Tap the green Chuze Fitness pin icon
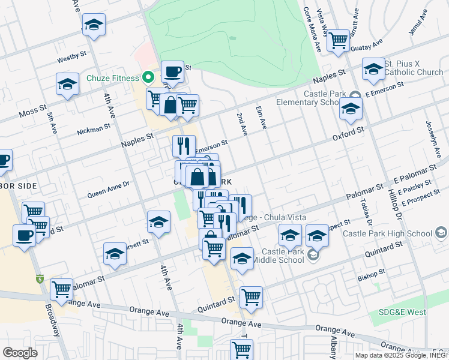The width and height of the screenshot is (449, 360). pyautogui.click(x=148, y=77)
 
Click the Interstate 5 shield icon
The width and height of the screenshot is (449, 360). pyautogui.click(x=40, y=278)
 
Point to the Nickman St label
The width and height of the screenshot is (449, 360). pyautogui.click(x=94, y=128)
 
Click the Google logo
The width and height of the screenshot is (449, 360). pyautogui.click(x=20, y=353)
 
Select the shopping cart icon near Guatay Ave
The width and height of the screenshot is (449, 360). pyautogui.click(x=339, y=41)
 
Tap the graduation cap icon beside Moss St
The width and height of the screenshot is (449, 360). pyautogui.click(x=67, y=85)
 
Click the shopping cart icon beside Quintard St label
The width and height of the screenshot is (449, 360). pyautogui.click(x=251, y=297)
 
